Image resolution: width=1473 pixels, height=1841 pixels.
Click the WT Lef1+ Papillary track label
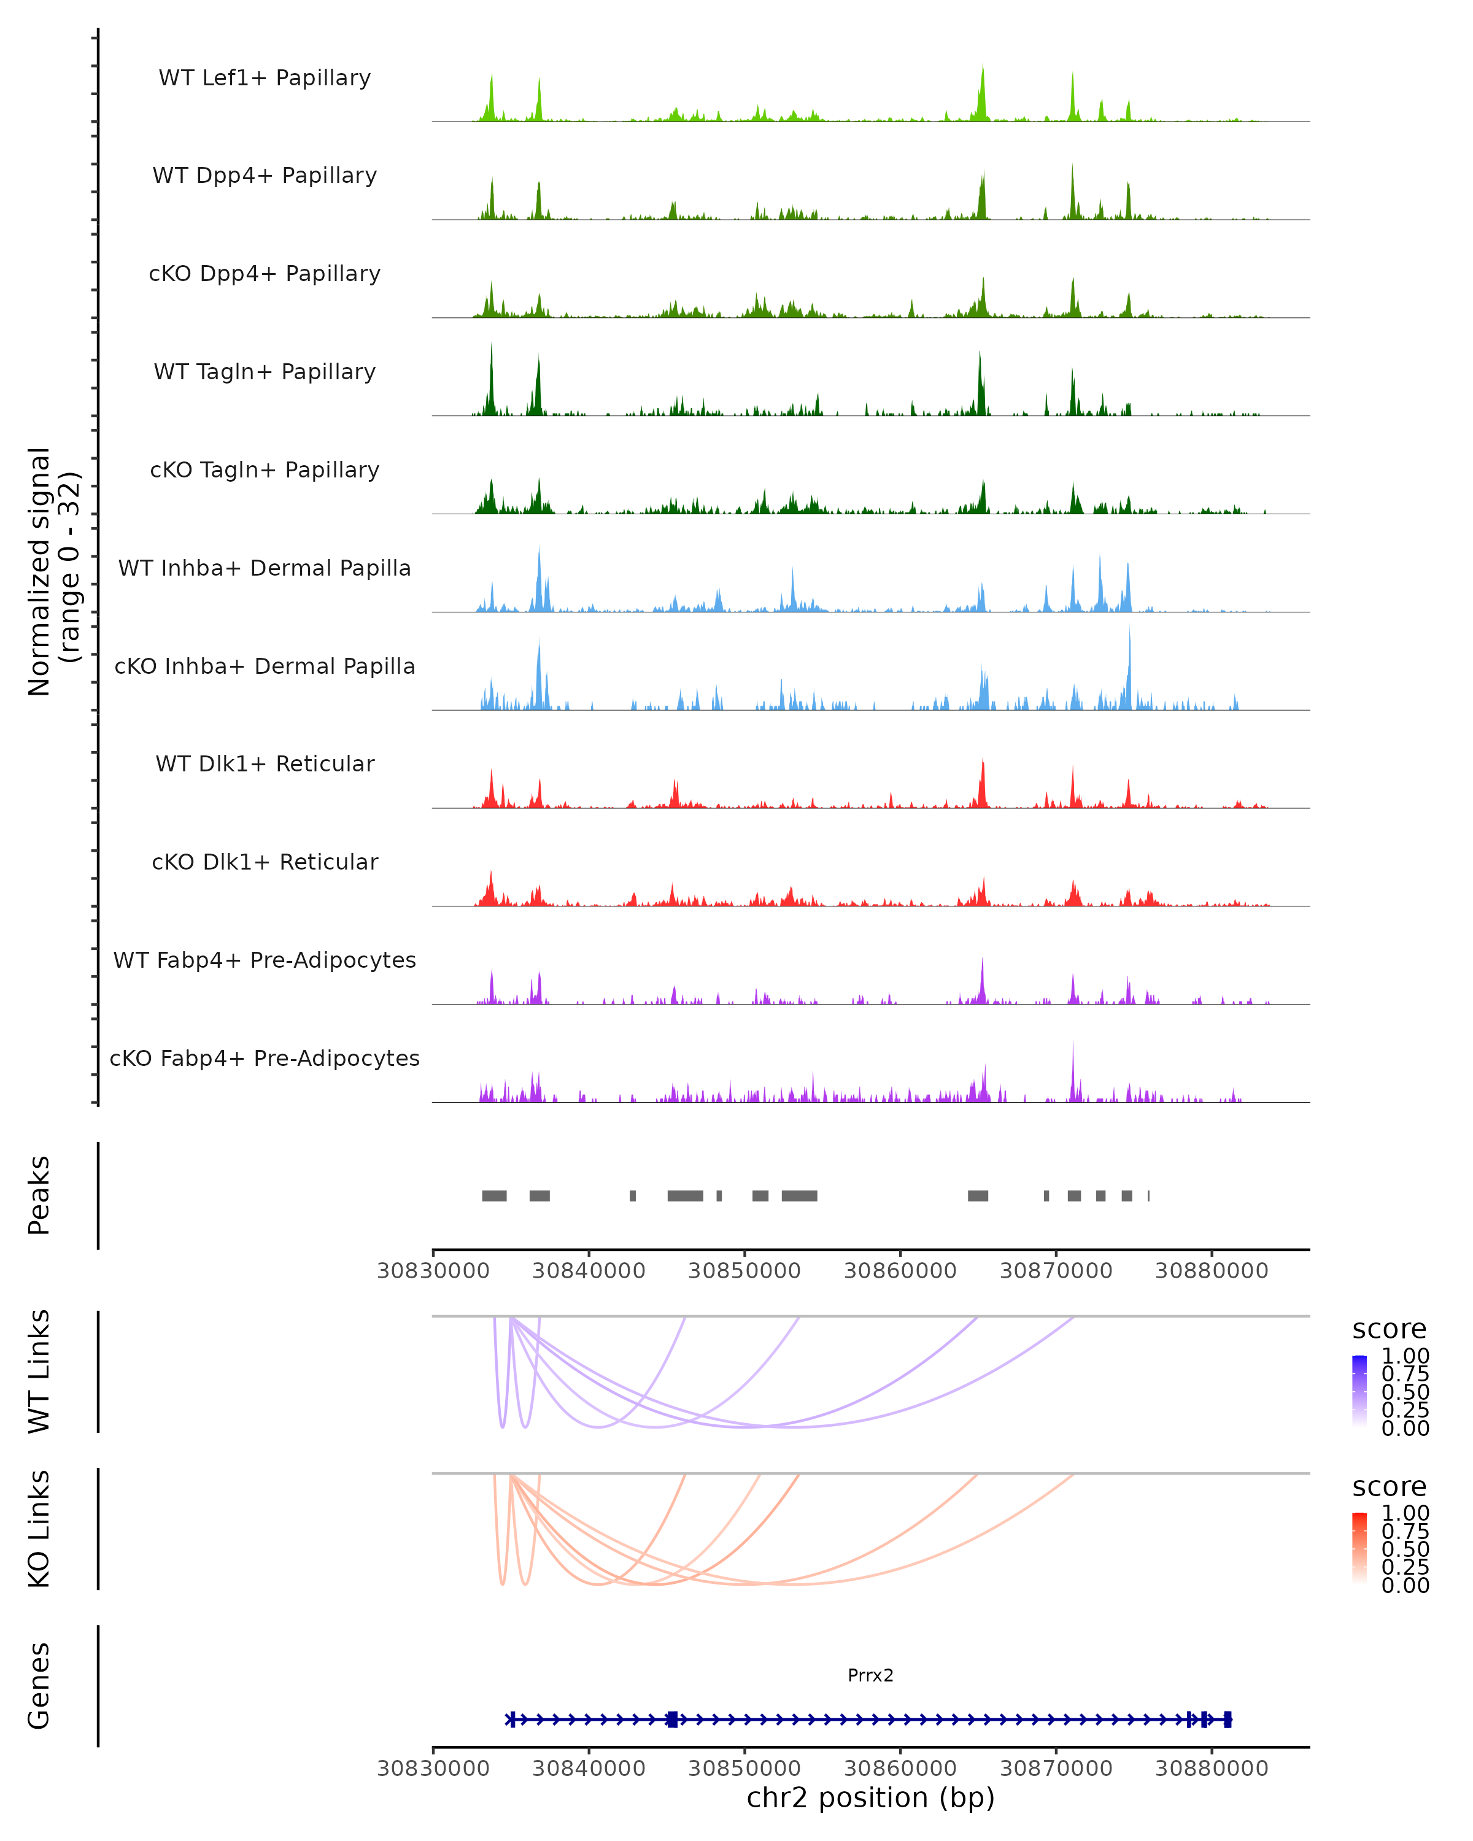tap(265, 78)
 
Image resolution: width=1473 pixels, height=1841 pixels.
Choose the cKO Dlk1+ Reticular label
tap(265, 862)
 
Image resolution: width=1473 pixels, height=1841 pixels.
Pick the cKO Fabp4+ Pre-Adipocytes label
tap(265, 1058)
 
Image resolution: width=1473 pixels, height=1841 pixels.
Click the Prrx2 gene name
tap(870, 1675)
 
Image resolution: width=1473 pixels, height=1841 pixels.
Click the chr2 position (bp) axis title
tap(870, 1797)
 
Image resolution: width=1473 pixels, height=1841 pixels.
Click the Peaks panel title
tap(39, 1195)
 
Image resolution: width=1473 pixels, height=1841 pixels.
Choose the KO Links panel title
tap(39, 1529)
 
